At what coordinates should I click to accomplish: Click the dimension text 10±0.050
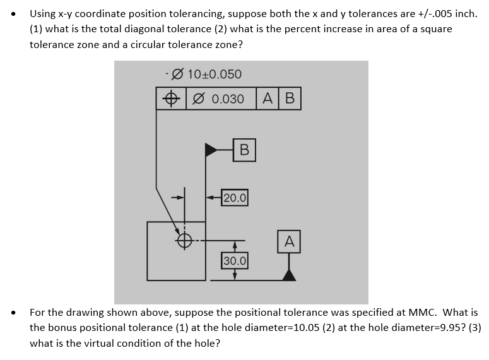[x=214, y=75]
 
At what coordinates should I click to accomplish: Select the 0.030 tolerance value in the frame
[x=228, y=99]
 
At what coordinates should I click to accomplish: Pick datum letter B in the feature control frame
[x=290, y=99]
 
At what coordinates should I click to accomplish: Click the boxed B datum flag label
[x=244, y=150]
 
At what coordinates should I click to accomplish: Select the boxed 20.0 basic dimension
[x=235, y=197]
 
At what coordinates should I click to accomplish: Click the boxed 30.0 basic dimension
[x=235, y=260]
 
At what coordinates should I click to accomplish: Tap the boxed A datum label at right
[x=289, y=241]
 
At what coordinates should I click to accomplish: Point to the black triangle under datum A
[x=289, y=273]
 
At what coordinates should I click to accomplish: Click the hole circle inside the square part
[x=184, y=241]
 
